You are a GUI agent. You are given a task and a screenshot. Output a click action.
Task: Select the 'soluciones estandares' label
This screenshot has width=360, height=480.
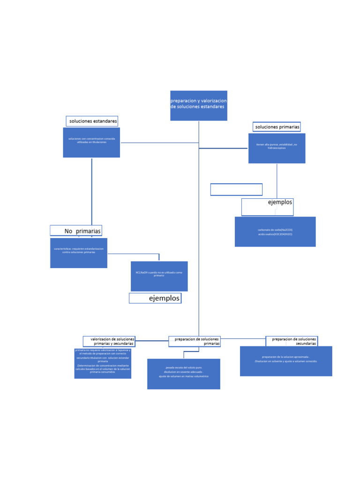(x=92, y=121)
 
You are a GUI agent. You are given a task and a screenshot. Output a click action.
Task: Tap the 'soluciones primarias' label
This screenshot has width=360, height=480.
(x=277, y=127)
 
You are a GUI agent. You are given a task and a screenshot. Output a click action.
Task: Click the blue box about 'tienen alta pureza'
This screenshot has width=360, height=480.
(x=277, y=149)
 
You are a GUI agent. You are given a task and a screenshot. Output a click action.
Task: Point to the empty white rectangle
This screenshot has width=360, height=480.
(x=236, y=189)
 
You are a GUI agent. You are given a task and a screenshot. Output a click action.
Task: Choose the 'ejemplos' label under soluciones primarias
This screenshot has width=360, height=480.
(x=268, y=207)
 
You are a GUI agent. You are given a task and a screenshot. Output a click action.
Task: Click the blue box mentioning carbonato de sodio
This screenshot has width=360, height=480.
(x=275, y=232)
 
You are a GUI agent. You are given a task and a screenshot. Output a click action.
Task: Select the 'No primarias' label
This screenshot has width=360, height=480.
(x=76, y=231)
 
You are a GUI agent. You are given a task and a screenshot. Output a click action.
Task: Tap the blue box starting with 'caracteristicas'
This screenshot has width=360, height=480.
(x=79, y=253)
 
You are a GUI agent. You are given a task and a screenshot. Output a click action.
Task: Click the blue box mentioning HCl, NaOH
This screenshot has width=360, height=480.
(x=159, y=277)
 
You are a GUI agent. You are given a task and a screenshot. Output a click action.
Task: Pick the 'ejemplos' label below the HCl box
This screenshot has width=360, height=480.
(x=155, y=298)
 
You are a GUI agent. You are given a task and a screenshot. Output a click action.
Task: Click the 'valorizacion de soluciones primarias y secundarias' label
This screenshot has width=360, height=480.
(x=109, y=341)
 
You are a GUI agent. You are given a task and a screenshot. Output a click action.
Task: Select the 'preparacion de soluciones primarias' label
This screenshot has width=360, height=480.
(x=195, y=341)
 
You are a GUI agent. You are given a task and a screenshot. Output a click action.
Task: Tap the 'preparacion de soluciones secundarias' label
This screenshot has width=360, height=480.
(x=292, y=341)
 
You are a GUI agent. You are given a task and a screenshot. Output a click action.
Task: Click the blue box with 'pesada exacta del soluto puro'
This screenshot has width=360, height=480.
(x=184, y=374)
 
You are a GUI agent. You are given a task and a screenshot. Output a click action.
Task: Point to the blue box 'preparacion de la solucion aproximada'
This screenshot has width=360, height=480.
(x=286, y=361)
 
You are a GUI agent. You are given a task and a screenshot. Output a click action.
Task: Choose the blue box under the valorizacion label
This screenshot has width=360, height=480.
(x=103, y=364)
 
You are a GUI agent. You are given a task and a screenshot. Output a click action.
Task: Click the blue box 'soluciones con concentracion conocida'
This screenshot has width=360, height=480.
(x=91, y=142)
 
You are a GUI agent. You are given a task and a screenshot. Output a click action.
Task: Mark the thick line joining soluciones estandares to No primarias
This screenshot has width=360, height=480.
(x=91, y=192)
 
